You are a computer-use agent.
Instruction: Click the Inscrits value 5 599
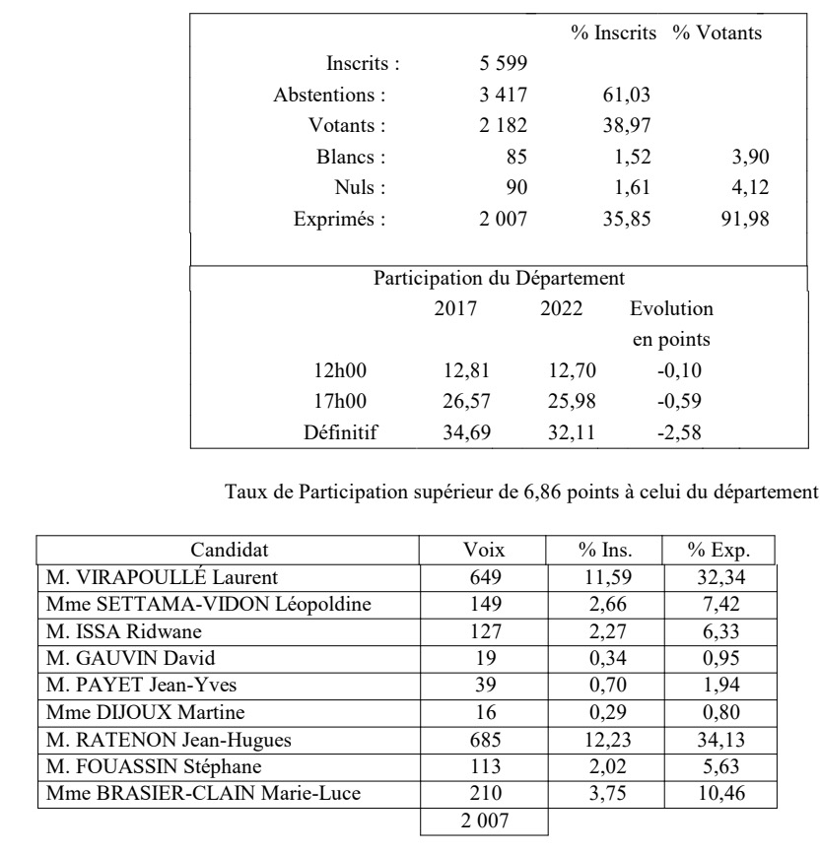503,64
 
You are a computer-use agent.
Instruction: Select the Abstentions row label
329,96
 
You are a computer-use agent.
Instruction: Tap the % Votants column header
717,33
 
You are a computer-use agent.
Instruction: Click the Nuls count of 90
515,187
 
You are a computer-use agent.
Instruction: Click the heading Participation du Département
499,278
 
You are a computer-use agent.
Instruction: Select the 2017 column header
455,308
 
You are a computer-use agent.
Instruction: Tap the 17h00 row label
347,400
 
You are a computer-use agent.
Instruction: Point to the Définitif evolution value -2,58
679,430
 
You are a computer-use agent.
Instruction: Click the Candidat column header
229,550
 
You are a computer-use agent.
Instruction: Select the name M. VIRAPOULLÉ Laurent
162,577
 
